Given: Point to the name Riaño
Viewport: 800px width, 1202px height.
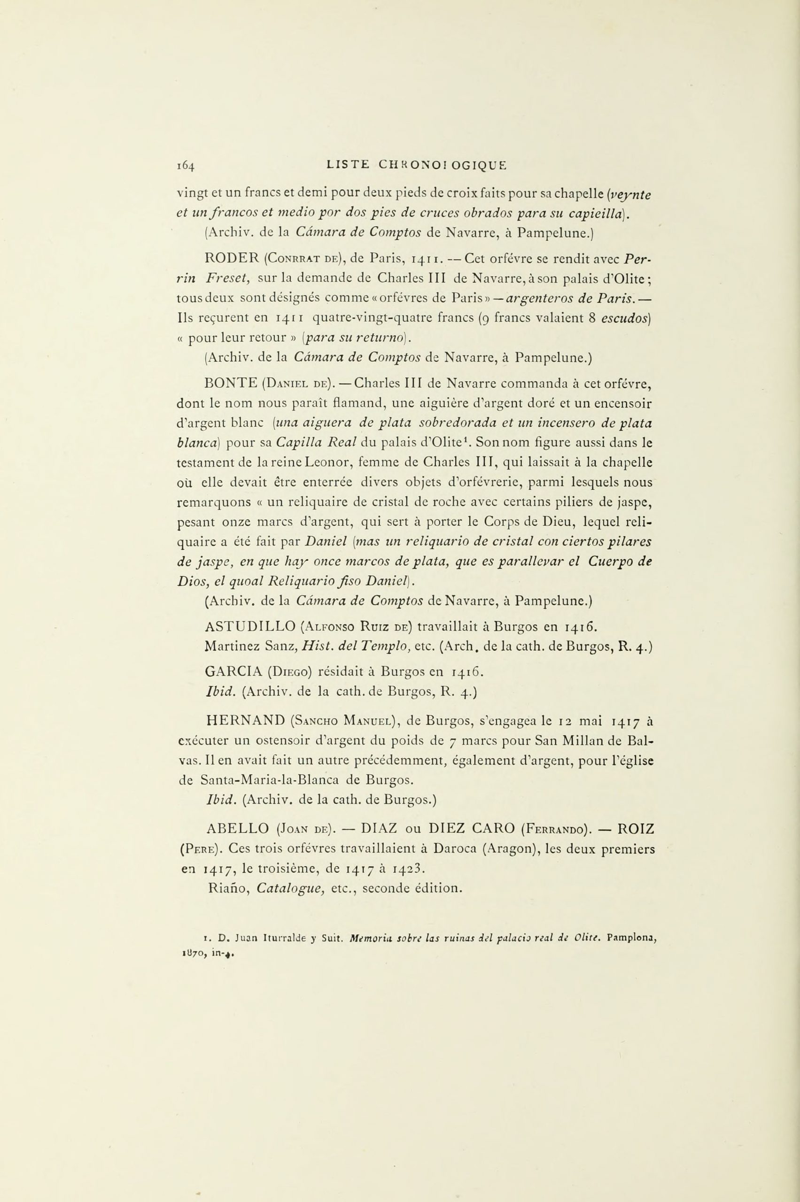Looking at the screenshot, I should point(229,888).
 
